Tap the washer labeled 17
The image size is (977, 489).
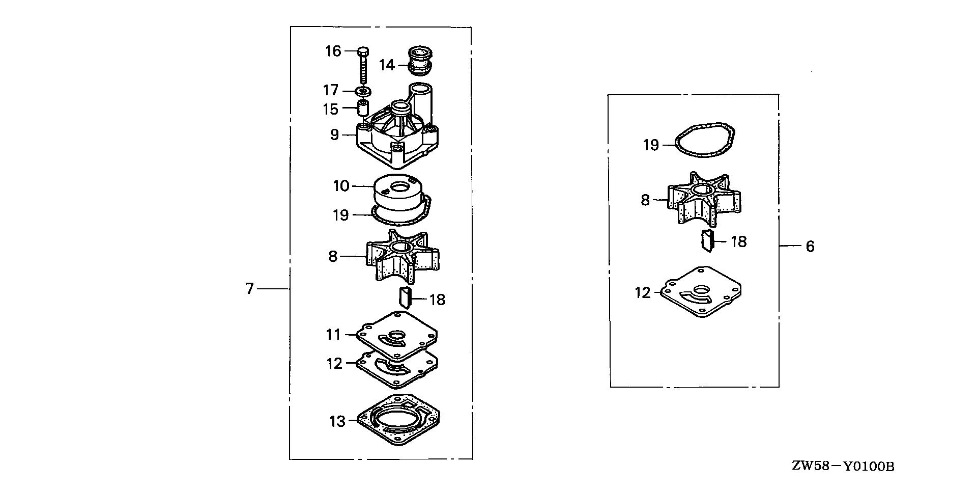coord(363,92)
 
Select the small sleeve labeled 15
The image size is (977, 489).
coord(363,108)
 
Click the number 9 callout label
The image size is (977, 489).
coord(334,135)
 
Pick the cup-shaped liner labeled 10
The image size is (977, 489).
coord(398,195)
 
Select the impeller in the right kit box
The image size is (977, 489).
coord(704,199)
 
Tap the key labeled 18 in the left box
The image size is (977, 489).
coord(405,297)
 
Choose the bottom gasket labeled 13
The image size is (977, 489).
coord(398,420)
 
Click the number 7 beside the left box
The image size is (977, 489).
coord(249,289)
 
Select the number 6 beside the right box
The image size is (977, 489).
coord(810,247)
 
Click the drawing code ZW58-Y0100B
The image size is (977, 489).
coord(843,466)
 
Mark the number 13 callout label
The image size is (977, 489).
coord(337,421)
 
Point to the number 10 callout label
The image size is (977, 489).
coord(341,186)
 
